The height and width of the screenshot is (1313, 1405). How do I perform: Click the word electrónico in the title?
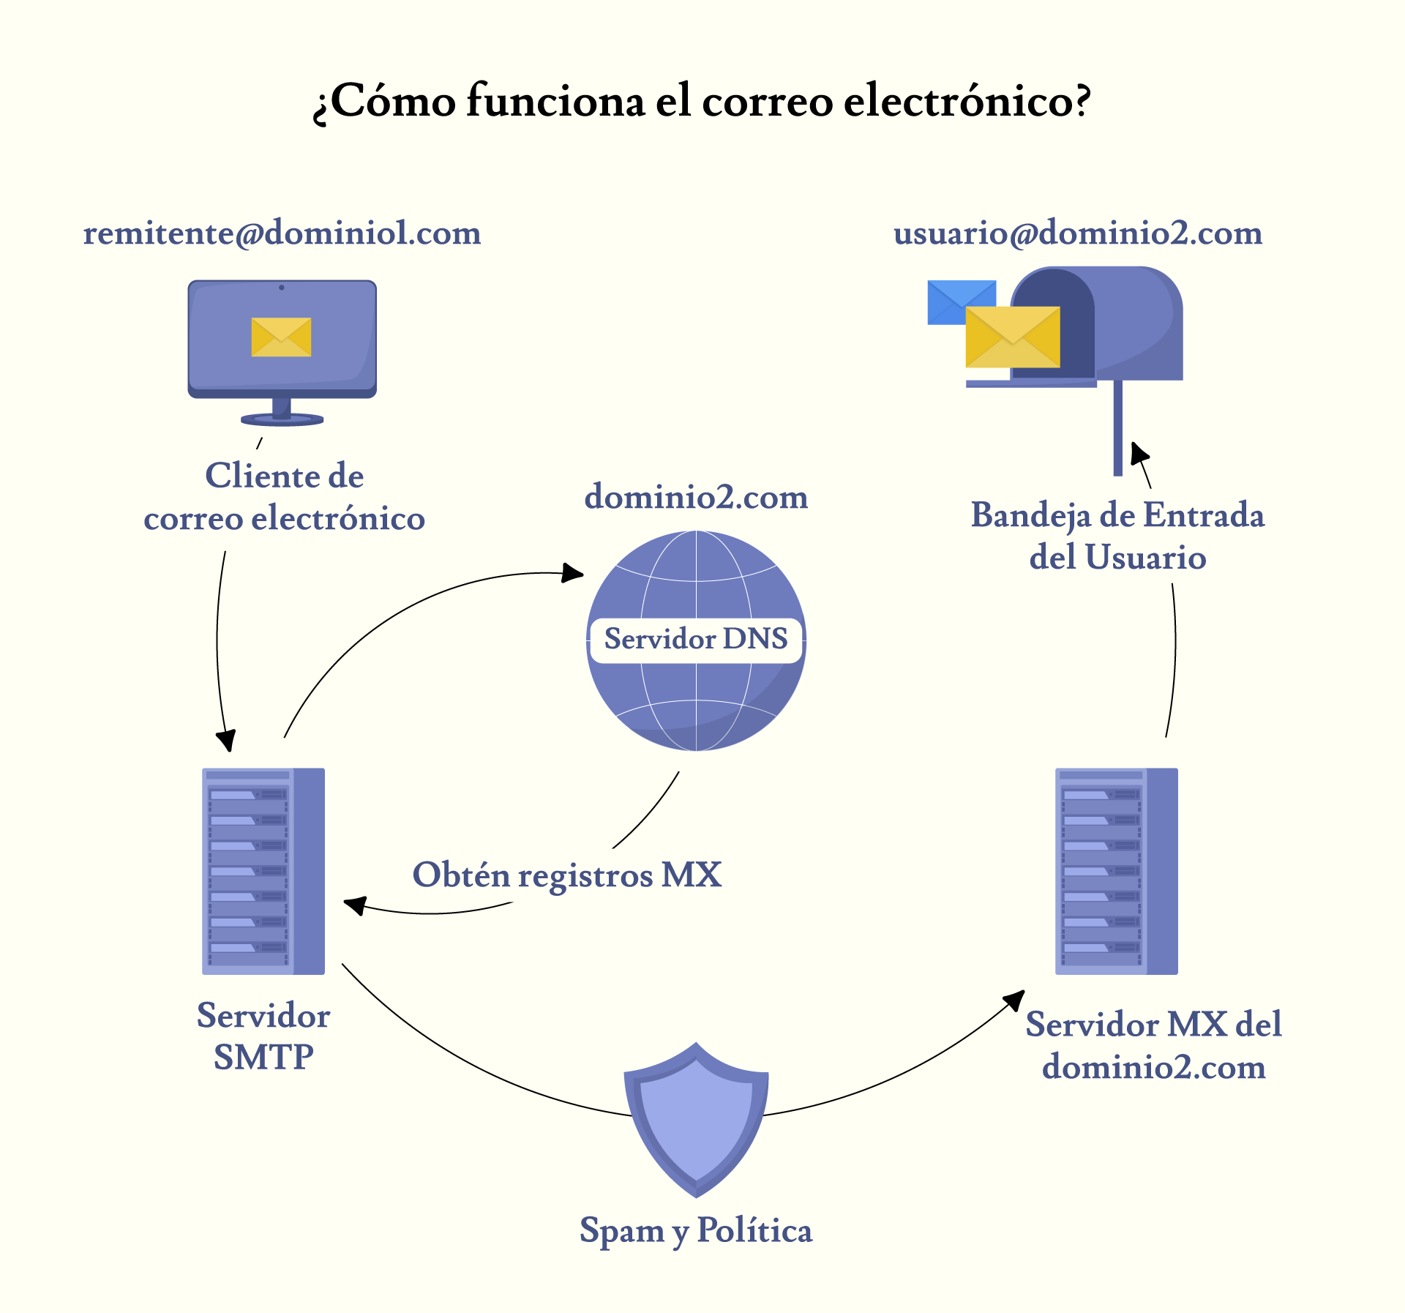tap(967, 101)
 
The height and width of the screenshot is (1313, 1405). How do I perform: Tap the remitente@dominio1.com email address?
tap(282, 233)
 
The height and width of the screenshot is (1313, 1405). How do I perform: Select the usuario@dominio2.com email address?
tap(1078, 233)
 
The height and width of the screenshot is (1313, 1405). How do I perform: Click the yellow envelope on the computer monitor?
tap(281, 337)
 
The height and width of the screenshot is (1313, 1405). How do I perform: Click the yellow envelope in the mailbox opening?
tap(1012, 337)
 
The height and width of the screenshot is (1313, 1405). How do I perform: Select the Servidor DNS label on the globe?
tap(696, 640)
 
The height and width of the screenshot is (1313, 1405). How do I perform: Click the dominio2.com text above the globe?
tap(696, 498)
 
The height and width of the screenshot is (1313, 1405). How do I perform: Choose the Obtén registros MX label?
tap(567, 875)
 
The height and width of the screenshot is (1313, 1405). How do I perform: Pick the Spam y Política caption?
tap(696, 1230)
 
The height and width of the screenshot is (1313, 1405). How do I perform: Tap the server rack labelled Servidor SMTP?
tap(263, 871)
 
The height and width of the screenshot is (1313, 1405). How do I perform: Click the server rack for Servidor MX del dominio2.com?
tap(1116, 871)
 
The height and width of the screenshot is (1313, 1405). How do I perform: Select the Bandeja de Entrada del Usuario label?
tap(1117, 536)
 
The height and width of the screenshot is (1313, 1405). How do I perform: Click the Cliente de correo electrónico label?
tap(284, 498)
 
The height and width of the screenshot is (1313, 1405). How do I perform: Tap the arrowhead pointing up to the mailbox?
tap(1139, 453)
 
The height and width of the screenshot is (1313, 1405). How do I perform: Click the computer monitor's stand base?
tap(282, 419)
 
